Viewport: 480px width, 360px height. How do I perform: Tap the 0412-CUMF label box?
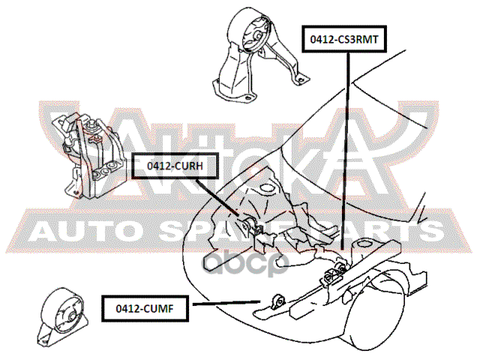148,307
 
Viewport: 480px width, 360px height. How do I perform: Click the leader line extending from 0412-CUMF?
225,303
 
